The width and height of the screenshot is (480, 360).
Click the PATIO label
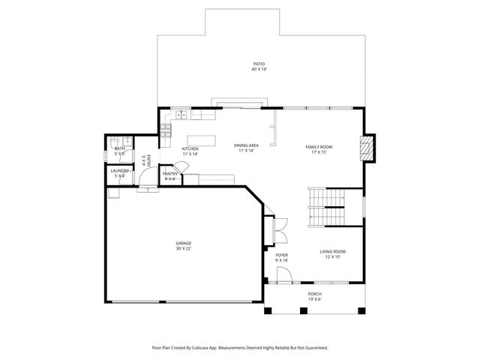259,64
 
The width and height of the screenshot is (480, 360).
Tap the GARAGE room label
184,243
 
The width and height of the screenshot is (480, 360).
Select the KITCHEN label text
190,148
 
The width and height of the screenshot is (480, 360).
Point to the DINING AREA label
246,145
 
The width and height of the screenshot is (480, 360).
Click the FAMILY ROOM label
319,146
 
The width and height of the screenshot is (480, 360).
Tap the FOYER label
282,255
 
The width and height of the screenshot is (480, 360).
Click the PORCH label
315,294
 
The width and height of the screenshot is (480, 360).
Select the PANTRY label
170,173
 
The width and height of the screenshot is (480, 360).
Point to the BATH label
120,148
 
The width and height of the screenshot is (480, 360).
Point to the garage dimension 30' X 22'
184,248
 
